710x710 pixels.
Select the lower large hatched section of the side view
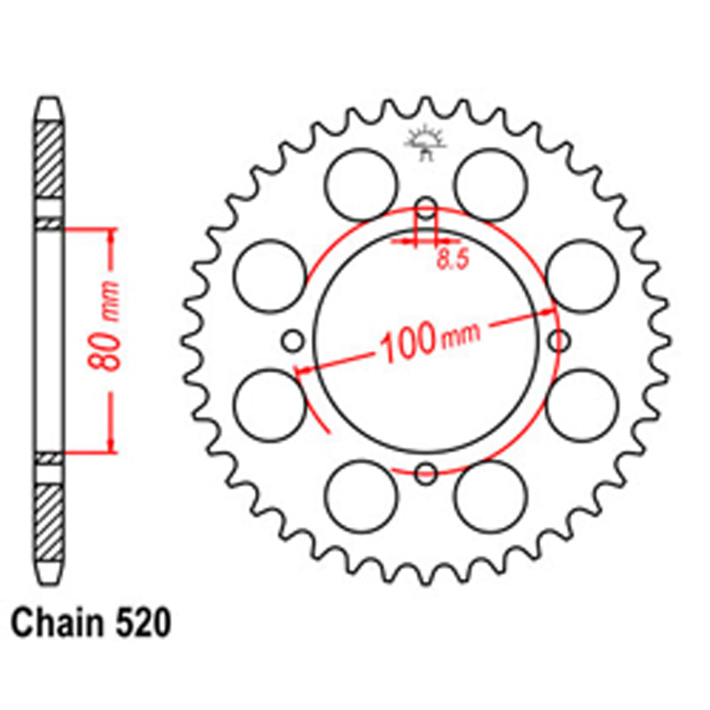coord(50,522)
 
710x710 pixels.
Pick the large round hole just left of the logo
coord(361,185)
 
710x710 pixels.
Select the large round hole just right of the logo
coord(491,185)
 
